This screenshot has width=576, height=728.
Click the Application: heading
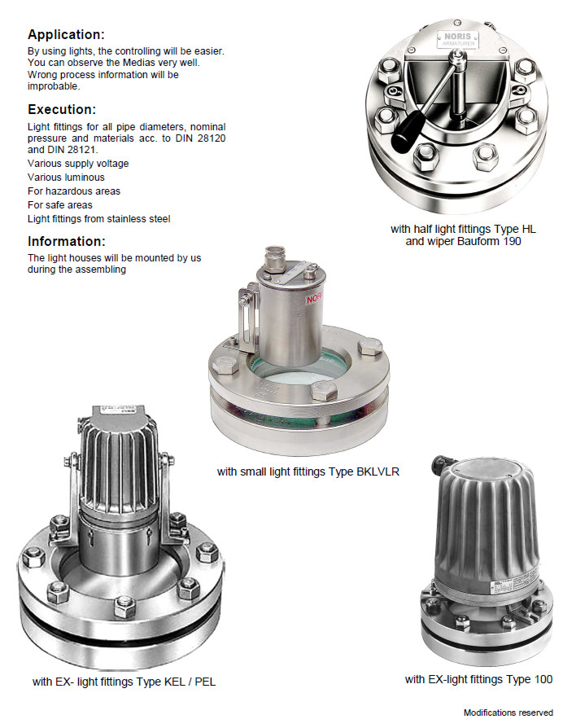coord(67,34)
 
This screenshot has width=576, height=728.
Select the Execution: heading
coord(62,110)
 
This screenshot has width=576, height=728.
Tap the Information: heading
coord(67,241)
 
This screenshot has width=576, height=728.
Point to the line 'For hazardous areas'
coord(74,191)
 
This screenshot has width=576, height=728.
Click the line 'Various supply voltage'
coord(78,164)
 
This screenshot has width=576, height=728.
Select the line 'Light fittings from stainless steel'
coord(98,219)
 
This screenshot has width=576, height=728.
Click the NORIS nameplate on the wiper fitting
coord(457,39)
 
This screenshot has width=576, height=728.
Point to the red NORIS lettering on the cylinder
coord(314,297)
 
